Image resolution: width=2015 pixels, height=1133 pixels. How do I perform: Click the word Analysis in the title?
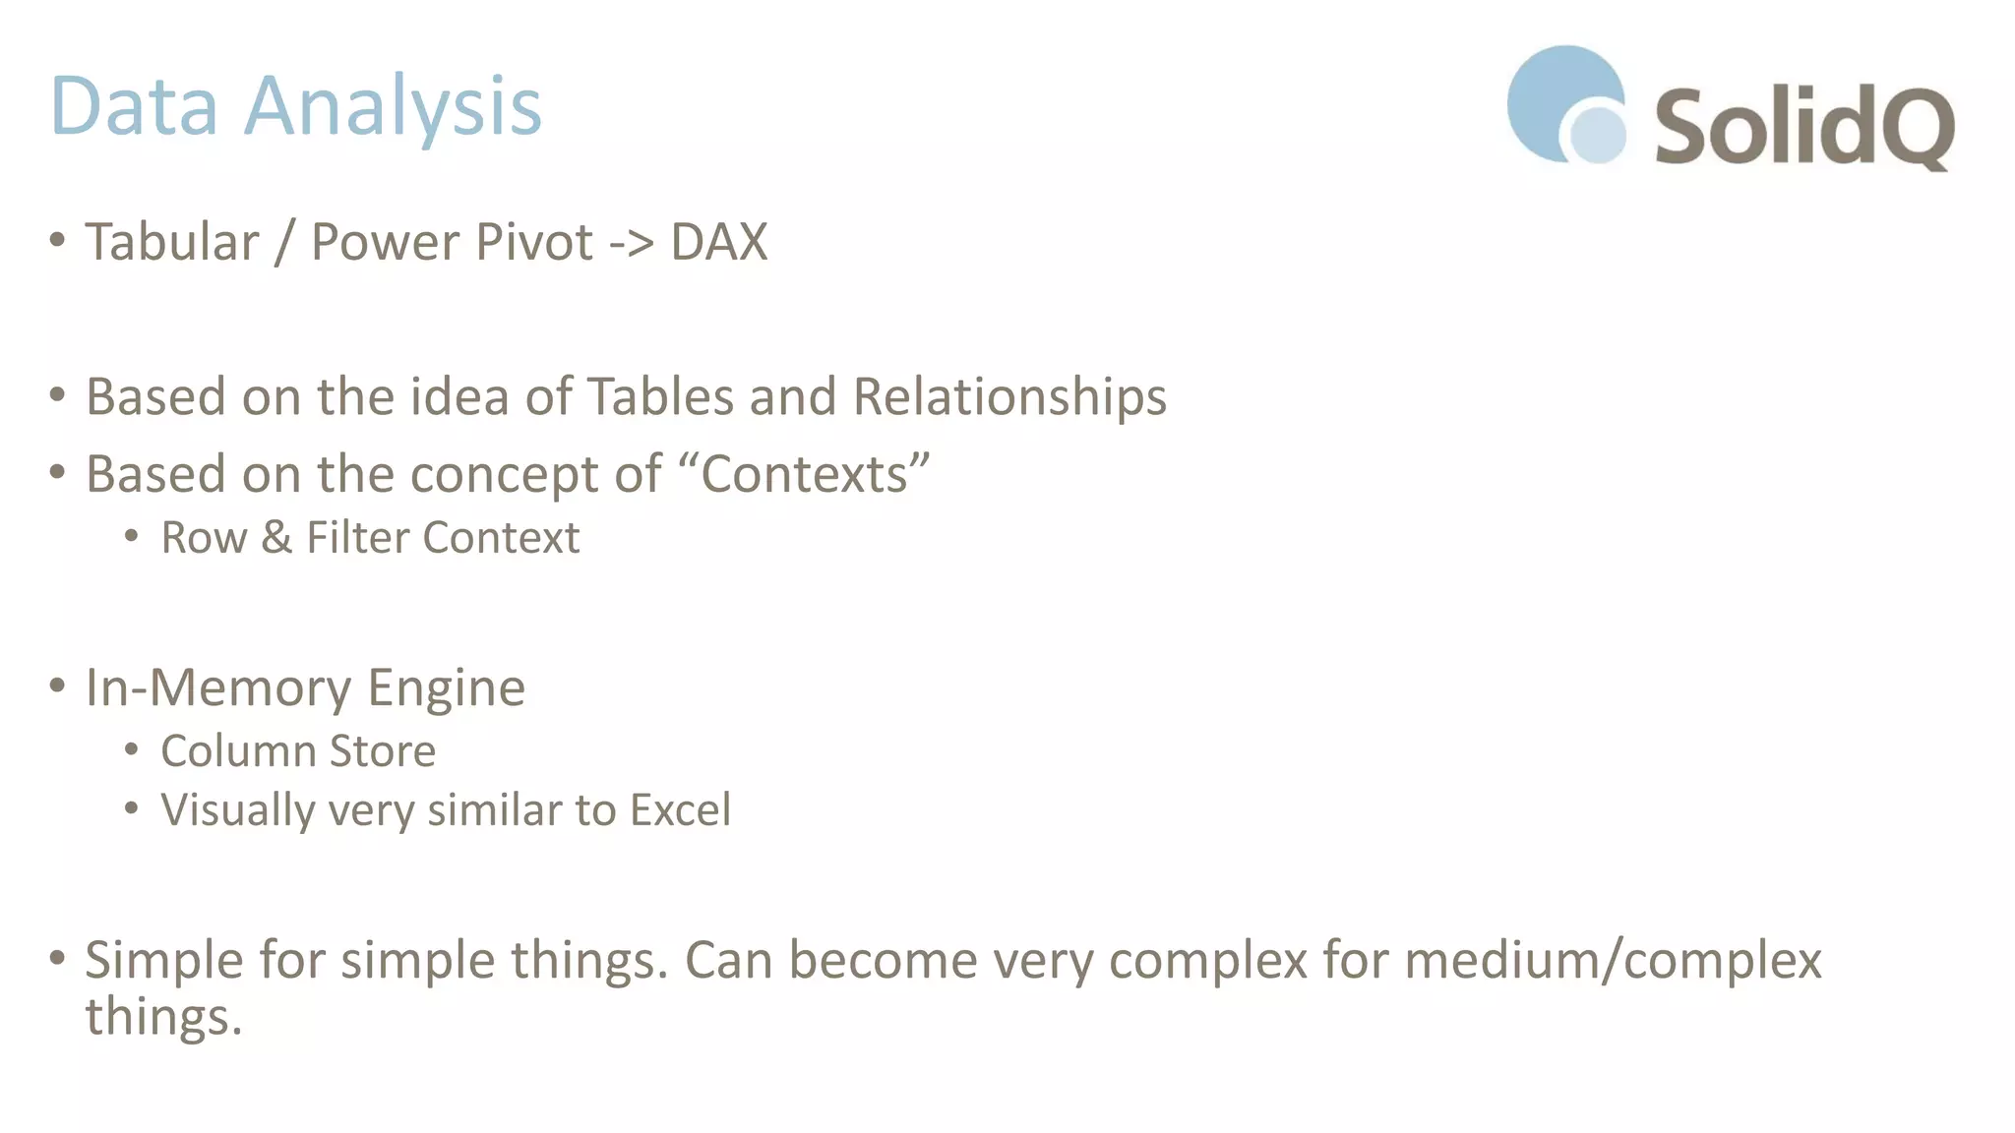point(393,106)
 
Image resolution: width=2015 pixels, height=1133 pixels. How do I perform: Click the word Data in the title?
point(134,106)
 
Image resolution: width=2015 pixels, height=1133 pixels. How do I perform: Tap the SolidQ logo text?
point(1803,128)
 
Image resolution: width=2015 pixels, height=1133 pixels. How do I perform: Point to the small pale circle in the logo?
point(1597,134)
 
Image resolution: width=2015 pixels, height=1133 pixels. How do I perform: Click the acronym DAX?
point(718,242)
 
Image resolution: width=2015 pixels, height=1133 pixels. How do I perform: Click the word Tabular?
point(172,242)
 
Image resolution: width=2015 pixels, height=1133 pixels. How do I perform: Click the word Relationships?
point(1009,397)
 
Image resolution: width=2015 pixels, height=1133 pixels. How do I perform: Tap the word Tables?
point(661,397)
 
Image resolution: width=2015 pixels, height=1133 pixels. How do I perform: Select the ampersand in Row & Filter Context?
point(276,538)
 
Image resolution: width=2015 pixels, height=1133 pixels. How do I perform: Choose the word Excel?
point(680,810)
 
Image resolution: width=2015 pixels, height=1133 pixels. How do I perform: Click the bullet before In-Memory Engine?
point(57,685)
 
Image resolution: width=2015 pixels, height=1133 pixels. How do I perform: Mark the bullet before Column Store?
point(132,750)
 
